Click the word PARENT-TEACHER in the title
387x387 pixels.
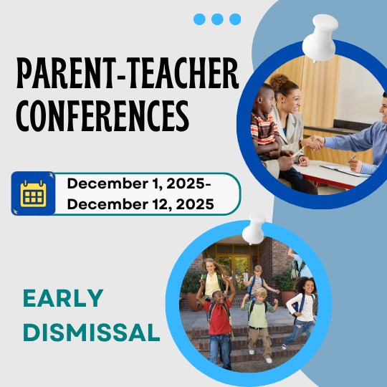128,75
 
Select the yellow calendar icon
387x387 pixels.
33,193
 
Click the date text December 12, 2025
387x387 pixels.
140,204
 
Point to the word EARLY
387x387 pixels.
63,298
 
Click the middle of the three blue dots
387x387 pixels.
218,19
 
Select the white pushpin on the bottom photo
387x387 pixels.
254,229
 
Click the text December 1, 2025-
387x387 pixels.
138,183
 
